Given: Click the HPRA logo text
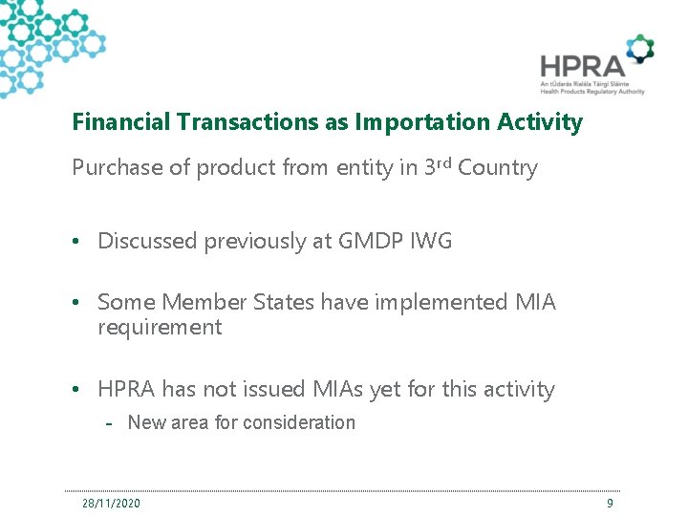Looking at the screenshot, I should point(581,65).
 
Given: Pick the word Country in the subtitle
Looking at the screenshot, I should point(498,168).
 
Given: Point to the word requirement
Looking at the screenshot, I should point(159,328).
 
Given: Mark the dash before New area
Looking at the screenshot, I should point(111,423).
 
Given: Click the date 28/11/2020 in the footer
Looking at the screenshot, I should point(111,503).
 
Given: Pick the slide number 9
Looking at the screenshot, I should point(610,503).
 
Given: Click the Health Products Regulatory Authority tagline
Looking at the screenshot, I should point(592,92).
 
